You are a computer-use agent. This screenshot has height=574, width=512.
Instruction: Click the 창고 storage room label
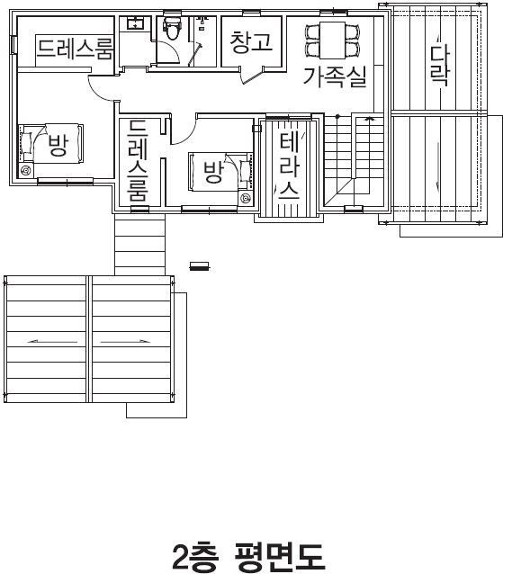[x=252, y=41]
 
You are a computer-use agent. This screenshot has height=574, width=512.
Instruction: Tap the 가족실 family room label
[x=335, y=76]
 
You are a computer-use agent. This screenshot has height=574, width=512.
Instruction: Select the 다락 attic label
[x=439, y=65]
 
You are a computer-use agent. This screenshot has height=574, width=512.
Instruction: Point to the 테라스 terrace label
[x=290, y=166]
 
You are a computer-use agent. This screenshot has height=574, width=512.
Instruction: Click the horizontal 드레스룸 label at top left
[x=75, y=49]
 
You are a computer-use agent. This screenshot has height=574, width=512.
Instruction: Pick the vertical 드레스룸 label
[x=138, y=160]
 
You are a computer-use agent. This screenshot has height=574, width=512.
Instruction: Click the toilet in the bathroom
[x=172, y=27]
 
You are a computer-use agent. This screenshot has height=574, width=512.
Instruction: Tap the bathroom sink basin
[x=136, y=23]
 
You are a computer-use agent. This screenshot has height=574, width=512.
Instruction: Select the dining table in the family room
[x=333, y=40]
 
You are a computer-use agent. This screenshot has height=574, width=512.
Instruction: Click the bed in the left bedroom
[x=51, y=143]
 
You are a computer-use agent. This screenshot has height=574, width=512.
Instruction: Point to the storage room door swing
[x=252, y=76]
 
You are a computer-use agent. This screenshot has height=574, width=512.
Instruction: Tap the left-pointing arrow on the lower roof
[x=53, y=342]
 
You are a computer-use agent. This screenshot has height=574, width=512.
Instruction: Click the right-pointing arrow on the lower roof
[x=125, y=342]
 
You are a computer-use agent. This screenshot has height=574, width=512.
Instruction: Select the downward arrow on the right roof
[x=437, y=166]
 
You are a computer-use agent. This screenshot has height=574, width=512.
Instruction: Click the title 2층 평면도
[x=248, y=557]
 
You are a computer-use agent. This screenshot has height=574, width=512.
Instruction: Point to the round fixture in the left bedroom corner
[x=26, y=170]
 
